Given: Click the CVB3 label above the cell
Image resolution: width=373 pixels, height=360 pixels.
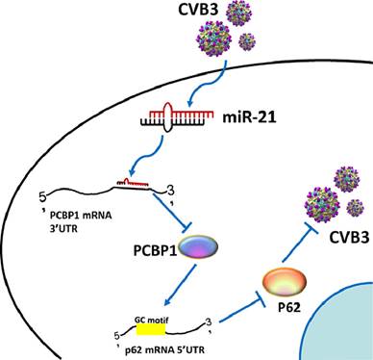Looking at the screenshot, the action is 198,10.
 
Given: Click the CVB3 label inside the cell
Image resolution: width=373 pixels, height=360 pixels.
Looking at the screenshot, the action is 349,238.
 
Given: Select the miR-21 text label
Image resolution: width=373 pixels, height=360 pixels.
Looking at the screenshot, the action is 249,117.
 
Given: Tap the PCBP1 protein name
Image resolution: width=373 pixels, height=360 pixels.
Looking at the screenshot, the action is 155,250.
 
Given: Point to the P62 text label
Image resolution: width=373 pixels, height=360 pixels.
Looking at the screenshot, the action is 289,307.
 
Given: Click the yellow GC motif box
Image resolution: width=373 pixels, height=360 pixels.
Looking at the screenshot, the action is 151,329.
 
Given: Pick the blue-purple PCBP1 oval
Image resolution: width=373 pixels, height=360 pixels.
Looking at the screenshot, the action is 198,247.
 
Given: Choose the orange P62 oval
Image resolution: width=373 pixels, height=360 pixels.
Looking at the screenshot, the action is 285,282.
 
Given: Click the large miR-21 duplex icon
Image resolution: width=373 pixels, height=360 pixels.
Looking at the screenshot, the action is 177,117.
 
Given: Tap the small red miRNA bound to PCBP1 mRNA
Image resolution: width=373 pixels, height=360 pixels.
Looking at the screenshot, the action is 133,183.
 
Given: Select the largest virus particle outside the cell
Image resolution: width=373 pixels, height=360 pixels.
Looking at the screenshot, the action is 213,39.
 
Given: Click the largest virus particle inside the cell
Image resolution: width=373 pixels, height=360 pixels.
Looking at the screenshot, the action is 322,205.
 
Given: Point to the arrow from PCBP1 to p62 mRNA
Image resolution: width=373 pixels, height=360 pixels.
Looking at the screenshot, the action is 180,285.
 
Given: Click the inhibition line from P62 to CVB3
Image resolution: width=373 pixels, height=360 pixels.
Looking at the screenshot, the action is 299,245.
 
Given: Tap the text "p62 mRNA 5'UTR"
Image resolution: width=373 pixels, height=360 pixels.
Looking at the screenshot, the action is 164,349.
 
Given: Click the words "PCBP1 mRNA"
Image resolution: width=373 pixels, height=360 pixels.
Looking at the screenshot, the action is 81,216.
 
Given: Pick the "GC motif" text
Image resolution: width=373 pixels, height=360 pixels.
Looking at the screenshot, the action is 151,320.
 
